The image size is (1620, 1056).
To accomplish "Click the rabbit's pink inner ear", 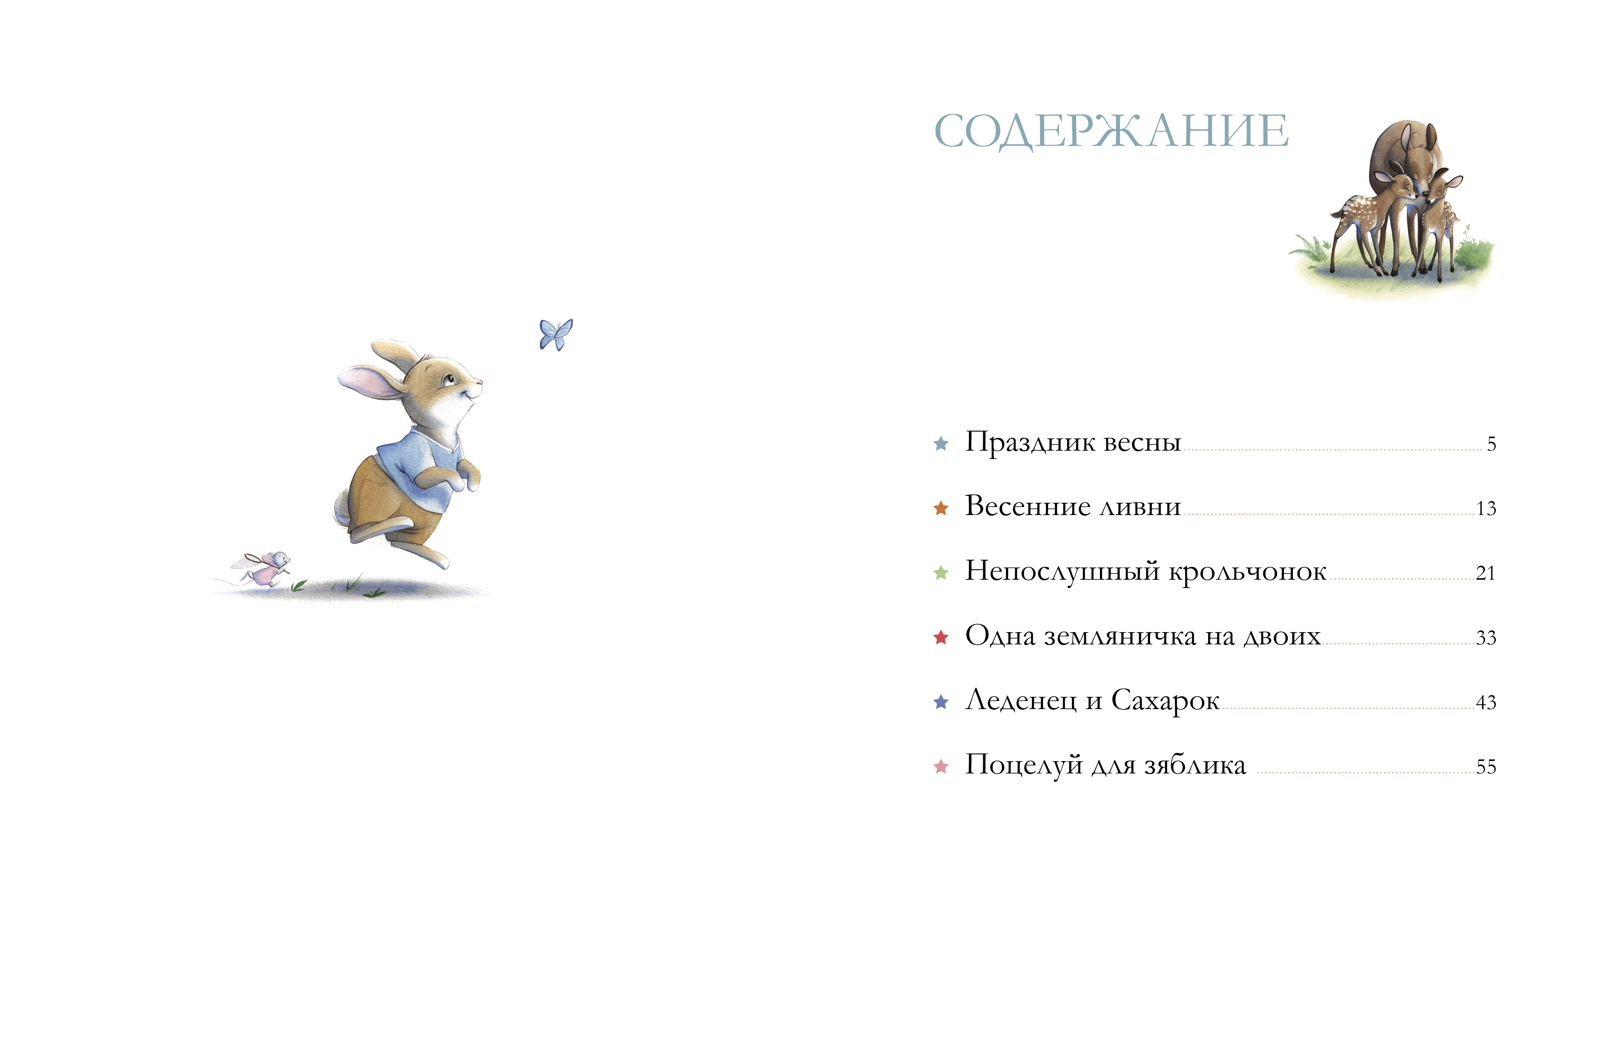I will tap(368, 382).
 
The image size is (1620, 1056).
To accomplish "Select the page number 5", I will tap(1491, 444).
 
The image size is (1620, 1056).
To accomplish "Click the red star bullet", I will tap(941, 638).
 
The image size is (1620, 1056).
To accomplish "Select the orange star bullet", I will tap(941, 508).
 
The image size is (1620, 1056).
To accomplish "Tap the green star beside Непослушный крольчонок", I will tap(941, 573).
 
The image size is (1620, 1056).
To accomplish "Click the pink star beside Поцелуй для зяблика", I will tap(941, 767).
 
